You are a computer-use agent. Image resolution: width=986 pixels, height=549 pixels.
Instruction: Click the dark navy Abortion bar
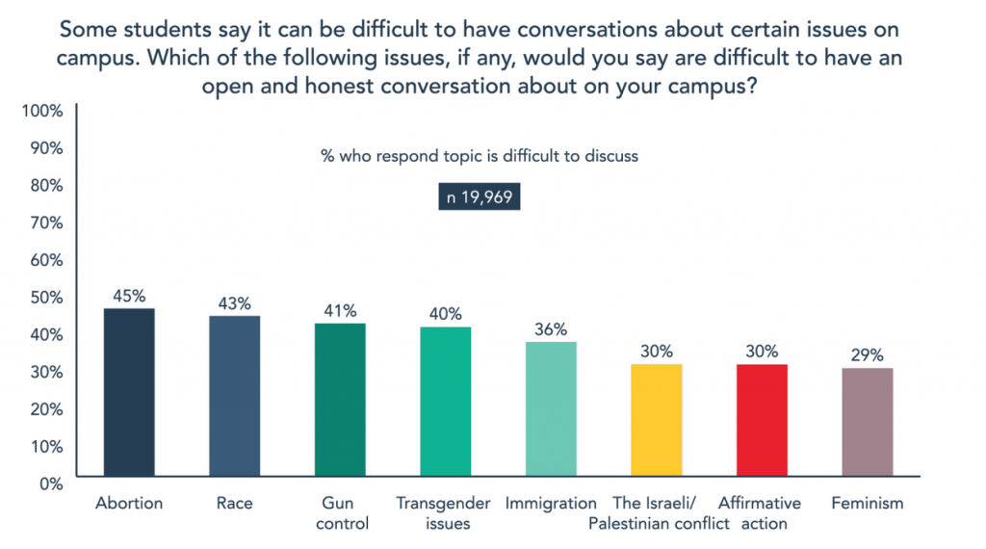[129, 392]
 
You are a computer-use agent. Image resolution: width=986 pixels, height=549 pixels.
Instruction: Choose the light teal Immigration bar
[551, 409]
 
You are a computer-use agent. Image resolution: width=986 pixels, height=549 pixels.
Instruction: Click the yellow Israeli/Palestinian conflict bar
[656, 420]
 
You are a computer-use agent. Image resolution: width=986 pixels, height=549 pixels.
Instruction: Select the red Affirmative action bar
[761, 420]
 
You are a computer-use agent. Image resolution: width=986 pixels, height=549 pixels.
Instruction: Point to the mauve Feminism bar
[867, 422]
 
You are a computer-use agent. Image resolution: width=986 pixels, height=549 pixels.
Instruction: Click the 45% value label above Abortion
[129, 294]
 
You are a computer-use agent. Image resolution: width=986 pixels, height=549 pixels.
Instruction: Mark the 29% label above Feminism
[867, 353]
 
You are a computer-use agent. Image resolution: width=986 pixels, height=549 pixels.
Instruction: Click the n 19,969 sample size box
[480, 197]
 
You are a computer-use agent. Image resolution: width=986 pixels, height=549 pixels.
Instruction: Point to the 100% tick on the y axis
[40, 111]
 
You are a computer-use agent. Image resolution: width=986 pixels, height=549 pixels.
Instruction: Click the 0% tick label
[50, 483]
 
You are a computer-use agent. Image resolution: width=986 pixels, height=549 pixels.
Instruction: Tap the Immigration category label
[551, 504]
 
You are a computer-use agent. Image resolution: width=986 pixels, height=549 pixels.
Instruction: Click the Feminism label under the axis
[867, 504]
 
